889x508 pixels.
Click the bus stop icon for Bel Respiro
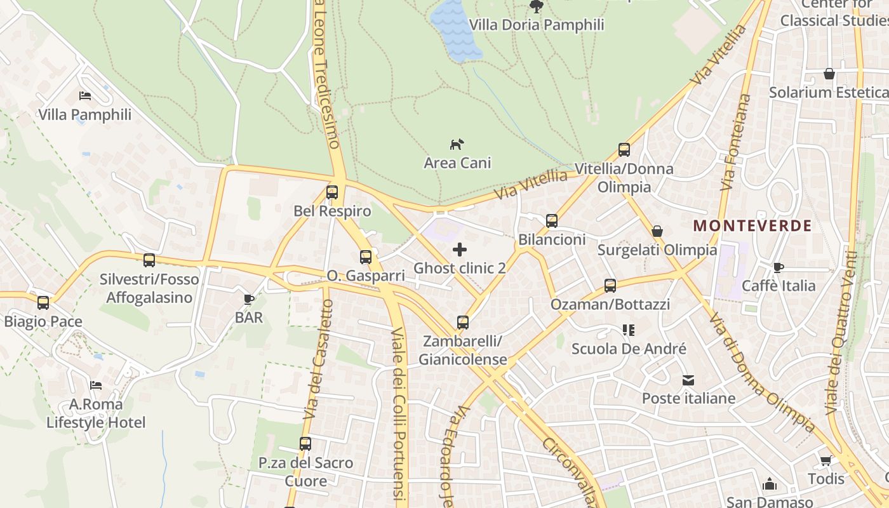click(332, 192)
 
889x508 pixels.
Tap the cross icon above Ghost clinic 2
click(459, 250)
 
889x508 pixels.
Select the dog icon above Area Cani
click(457, 144)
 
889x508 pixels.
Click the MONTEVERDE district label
click(752, 225)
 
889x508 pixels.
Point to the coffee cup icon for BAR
click(249, 298)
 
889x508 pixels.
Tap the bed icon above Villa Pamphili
click(85, 96)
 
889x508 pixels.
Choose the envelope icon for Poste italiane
click(688, 380)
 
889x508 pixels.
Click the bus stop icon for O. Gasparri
click(366, 257)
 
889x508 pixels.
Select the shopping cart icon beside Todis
click(825, 460)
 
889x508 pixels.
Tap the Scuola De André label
click(629, 349)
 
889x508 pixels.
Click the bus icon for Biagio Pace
click(43, 303)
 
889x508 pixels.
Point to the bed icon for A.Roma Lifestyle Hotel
click(96, 385)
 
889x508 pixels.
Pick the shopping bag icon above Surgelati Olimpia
click(657, 231)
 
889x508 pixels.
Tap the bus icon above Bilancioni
click(552, 221)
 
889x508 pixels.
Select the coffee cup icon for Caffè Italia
click(779, 267)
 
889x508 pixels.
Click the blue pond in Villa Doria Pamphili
click(455, 29)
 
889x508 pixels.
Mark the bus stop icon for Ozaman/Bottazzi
click(610, 286)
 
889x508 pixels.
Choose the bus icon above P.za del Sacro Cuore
click(305, 443)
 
